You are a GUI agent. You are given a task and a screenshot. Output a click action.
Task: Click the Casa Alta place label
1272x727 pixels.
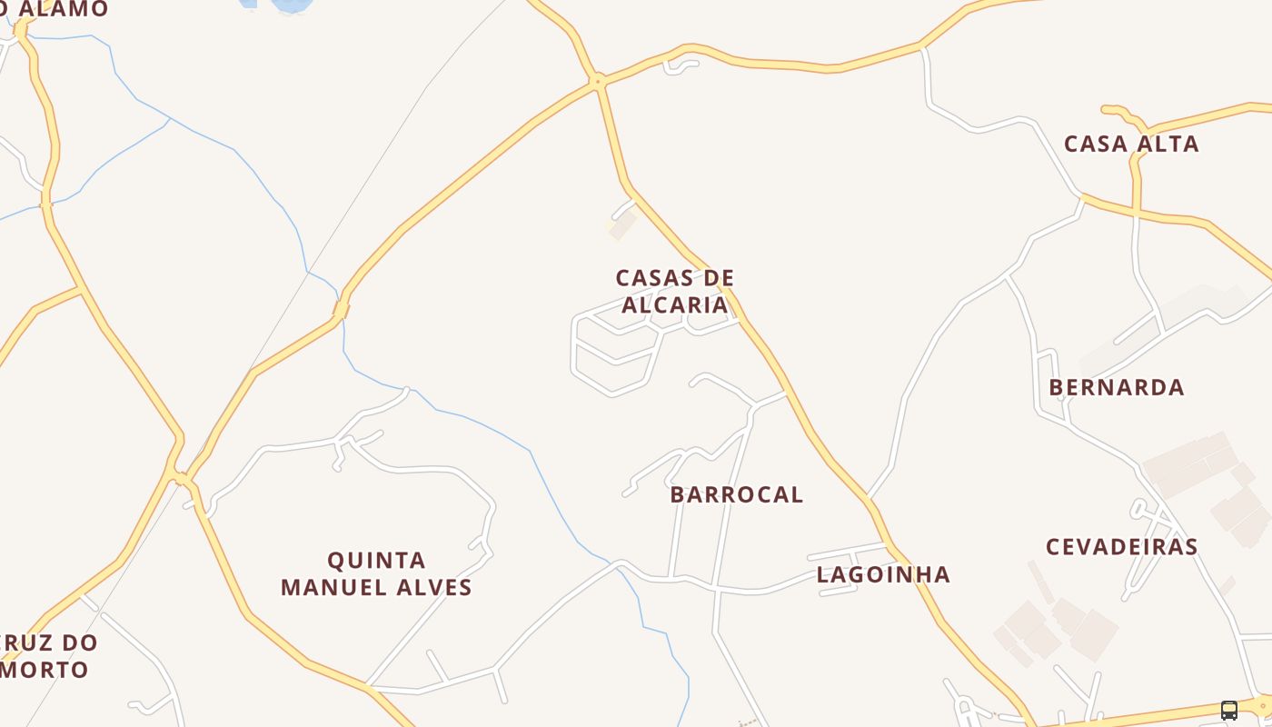(1131, 144)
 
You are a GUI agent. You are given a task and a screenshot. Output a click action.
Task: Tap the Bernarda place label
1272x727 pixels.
(1117, 387)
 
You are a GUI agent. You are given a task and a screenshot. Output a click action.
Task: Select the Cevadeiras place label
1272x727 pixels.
(1122, 547)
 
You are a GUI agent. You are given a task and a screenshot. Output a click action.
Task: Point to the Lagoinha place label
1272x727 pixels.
(883, 574)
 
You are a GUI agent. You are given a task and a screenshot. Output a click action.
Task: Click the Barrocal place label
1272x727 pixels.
(737, 494)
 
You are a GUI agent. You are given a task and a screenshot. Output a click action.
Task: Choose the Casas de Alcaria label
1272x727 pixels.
(675, 291)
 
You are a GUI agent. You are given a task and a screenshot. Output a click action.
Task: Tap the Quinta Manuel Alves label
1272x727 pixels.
(376, 573)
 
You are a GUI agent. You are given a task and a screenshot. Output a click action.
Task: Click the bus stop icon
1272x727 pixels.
(1229, 711)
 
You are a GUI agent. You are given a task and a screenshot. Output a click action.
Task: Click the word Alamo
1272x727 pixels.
(64, 9)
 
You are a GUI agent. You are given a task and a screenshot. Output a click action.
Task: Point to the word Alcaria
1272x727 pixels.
(675, 304)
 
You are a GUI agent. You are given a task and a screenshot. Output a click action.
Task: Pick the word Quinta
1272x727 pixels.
(376, 560)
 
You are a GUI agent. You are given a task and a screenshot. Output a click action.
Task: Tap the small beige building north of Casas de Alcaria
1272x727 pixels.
(622, 224)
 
